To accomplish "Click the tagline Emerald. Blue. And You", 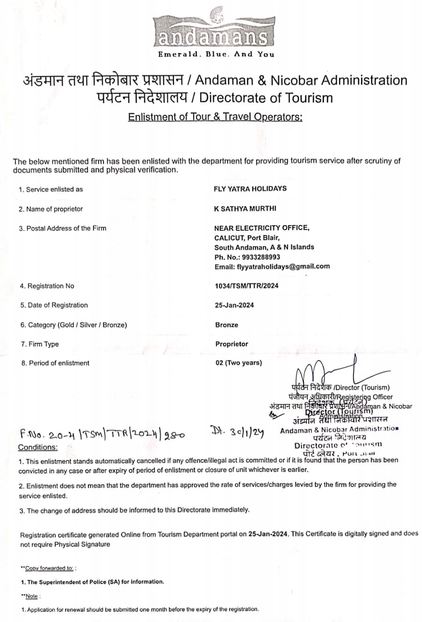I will pyautogui.click(x=216, y=54).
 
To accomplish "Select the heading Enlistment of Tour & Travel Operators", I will pyautogui.click(x=215, y=117).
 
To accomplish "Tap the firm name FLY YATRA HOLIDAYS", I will pyautogui.click(x=250, y=189).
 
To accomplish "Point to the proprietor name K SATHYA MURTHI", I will pyautogui.click(x=245, y=208).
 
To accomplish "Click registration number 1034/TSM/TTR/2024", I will pyautogui.click(x=247, y=286).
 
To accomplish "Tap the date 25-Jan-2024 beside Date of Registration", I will pyautogui.click(x=234, y=305).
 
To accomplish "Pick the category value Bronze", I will pyautogui.click(x=226, y=325).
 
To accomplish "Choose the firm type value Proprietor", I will pyautogui.click(x=232, y=344).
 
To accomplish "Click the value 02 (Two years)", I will pyautogui.click(x=239, y=363).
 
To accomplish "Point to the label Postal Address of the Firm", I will pyautogui.click(x=62, y=228).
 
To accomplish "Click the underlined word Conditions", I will pyautogui.click(x=38, y=447).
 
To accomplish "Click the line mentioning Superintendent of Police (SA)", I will pyautogui.click(x=93, y=582).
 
